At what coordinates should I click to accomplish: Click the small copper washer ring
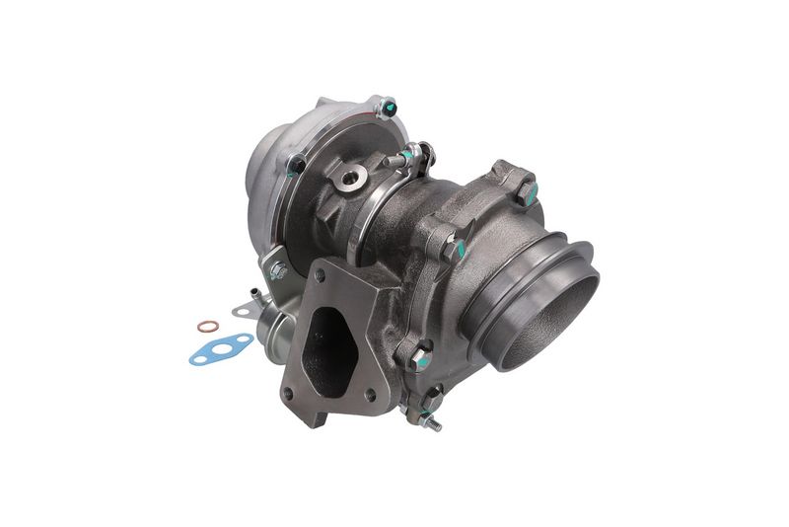pyautogui.click(x=206, y=327)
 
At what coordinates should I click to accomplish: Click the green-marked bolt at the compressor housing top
pyautogui.click(x=387, y=107)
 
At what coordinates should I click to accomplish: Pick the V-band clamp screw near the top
pyautogui.click(x=404, y=158)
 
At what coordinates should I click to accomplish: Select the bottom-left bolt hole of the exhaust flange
pyautogui.click(x=289, y=397)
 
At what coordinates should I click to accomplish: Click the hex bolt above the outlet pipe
pyautogui.click(x=525, y=189)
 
